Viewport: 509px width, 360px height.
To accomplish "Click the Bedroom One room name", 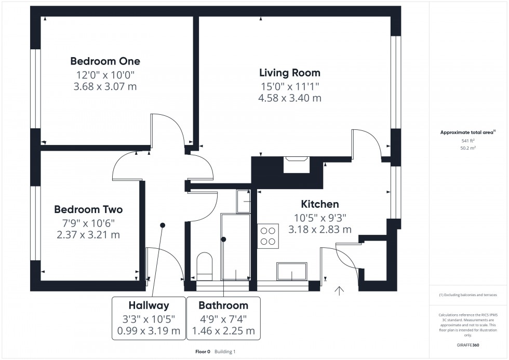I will (105, 61).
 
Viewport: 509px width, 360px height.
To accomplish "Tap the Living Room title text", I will (290, 73).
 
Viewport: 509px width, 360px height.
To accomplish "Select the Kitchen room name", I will (320, 205).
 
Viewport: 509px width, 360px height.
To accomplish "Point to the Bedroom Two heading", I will (88, 210).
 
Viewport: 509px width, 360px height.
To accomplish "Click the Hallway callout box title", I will (149, 305).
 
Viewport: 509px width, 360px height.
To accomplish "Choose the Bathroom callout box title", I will (223, 305).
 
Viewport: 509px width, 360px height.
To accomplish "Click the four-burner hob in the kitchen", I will (268, 236).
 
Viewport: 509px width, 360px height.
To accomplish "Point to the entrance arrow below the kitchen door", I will (340, 291).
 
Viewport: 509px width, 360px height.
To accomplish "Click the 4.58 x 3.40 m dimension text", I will (290, 98).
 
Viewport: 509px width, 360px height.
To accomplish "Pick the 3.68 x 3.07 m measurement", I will (105, 86).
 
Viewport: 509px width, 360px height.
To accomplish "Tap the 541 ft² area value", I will (468, 141).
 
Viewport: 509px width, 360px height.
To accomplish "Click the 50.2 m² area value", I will (468, 148).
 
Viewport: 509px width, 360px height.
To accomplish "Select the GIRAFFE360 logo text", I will (468, 344).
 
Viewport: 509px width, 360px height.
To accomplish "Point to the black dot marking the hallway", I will (163, 225).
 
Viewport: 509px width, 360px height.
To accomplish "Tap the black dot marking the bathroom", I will (224, 239).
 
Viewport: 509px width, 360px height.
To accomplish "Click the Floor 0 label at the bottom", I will (203, 352).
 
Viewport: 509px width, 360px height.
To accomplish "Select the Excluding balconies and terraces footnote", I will (468, 295).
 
